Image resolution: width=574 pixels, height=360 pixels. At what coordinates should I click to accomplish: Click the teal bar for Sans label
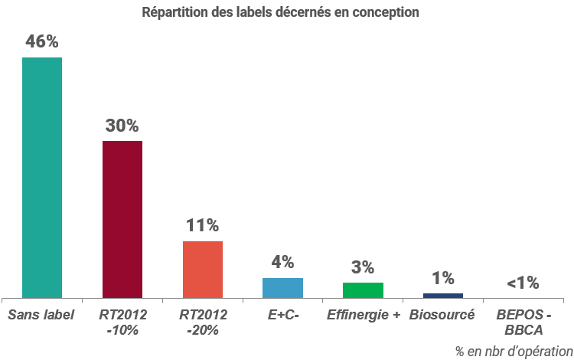point(42,177)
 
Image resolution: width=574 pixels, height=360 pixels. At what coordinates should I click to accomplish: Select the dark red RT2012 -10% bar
point(122,219)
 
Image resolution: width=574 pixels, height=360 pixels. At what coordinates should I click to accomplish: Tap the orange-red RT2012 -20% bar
point(203,269)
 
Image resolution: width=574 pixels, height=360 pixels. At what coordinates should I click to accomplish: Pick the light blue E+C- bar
point(282,287)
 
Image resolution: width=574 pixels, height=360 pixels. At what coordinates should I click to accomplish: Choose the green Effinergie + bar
point(363,290)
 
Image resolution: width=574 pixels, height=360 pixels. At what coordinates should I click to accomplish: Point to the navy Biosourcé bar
point(443,295)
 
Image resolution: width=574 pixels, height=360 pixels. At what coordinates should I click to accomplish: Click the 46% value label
point(42,42)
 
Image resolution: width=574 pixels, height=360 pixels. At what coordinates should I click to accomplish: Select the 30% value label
point(122,126)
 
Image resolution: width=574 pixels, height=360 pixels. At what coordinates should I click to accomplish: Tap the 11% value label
point(203,225)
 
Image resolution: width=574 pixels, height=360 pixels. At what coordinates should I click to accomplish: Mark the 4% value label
point(282,262)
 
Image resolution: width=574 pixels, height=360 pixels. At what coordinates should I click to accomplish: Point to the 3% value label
point(363,267)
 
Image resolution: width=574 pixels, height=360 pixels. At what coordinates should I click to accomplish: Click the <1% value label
point(523,283)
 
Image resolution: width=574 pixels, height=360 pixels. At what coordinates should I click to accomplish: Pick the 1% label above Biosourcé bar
point(443,278)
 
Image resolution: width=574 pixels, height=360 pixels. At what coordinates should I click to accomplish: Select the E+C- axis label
point(282,314)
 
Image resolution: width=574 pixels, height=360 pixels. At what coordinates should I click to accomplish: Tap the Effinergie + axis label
point(363,314)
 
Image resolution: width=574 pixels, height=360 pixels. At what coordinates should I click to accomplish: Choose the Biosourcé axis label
point(442,314)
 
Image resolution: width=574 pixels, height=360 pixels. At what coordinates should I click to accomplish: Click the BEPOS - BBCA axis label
point(523,322)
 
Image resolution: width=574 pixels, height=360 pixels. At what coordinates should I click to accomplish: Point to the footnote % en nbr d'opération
point(514,351)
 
